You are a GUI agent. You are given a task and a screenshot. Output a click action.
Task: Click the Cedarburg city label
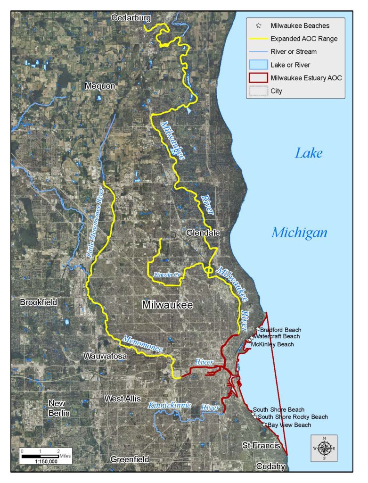(131, 18)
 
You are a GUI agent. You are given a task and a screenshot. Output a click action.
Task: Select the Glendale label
(203, 233)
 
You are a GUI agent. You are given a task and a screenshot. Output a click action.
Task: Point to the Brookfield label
(39, 302)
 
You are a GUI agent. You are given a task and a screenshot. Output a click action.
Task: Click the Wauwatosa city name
(105, 356)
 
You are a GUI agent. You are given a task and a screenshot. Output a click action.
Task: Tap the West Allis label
(123, 399)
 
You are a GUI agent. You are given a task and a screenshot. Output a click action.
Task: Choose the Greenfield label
(130, 459)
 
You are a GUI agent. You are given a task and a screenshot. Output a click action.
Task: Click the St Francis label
(262, 445)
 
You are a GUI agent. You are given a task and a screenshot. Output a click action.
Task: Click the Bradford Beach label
(280, 330)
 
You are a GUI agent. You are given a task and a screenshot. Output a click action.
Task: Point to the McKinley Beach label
(272, 344)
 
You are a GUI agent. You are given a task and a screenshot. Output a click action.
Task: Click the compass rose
(324, 448)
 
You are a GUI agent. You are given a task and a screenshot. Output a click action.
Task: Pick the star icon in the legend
(258, 25)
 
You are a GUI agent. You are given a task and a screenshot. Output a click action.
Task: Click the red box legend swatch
(258, 78)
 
